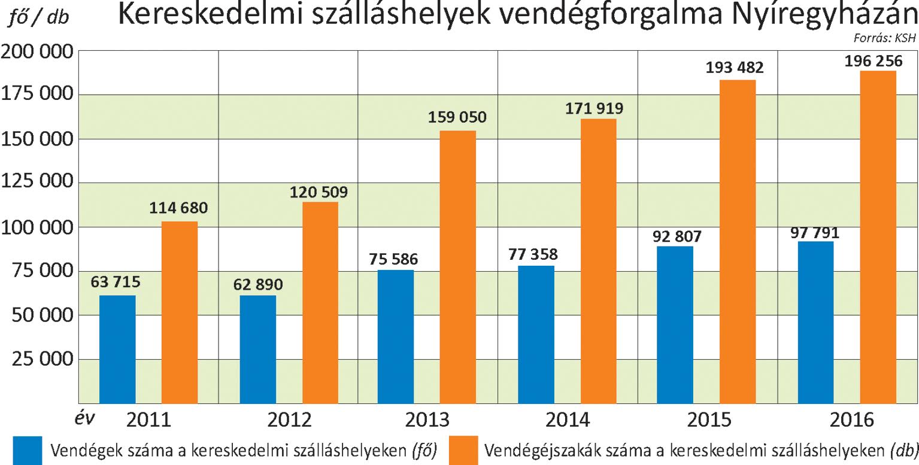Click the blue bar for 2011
click(117, 349)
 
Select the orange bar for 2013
click(457, 266)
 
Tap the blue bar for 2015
click(675, 324)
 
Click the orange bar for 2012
click(320, 302)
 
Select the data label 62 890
click(259, 284)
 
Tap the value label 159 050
click(457, 117)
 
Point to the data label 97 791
click(815, 232)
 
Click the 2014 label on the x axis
click(568, 420)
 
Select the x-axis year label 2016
click(851, 420)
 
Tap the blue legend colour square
click(28, 451)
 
